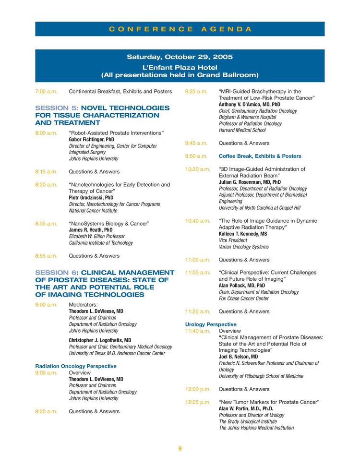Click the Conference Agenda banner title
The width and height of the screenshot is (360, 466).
pyautogui.click(x=180, y=29)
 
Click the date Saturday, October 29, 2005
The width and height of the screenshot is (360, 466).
pyautogui.click(x=180, y=57)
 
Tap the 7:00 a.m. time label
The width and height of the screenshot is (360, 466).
pyautogui.click(x=46, y=91)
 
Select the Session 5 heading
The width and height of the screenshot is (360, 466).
pyautogui.click(x=102, y=115)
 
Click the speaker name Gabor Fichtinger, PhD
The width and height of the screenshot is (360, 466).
pyautogui.click(x=92, y=140)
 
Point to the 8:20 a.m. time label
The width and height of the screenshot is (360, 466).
pyautogui.click(x=46, y=184)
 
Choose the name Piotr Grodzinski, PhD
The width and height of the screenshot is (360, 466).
pyautogui.click(x=91, y=197)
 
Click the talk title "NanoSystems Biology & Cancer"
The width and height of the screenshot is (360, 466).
pyautogui.click(x=109, y=224)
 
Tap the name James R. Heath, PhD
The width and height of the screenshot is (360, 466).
pyautogui.click(x=91, y=230)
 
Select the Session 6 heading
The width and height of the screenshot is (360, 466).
pyautogui.click(x=105, y=283)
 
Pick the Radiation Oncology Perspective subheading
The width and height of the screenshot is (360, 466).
pyautogui.click(x=76, y=366)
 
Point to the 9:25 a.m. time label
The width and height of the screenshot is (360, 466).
pyautogui.click(x=196, y=91)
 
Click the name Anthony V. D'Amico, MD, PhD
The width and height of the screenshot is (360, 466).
pyautogui.click(x=249, y=104)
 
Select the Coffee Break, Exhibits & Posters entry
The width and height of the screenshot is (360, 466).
pyautogui.click(x=260, y=156)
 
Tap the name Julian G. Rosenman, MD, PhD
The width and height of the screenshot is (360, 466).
pyautogui.click(x=250, y=182)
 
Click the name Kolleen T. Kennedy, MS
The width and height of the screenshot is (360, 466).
pyautogui.click(x=243, y=234)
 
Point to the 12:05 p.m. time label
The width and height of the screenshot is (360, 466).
pyautogui.click(x=198, y=402)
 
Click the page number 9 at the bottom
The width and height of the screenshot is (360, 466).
pyautogui.click(x=180, y=449)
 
